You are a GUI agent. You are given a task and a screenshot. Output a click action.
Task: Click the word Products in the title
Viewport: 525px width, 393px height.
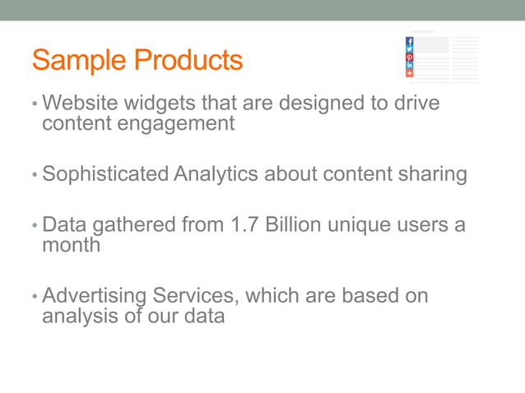(188, 61)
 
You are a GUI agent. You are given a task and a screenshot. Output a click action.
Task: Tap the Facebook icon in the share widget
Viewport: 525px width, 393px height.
(410, 41)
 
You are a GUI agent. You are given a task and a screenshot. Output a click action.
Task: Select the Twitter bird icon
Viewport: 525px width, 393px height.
(410, 49)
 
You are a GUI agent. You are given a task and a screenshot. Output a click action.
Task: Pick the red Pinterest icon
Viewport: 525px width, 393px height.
(410, 58)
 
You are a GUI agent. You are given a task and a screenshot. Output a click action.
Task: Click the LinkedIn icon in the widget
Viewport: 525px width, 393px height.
(410, 65)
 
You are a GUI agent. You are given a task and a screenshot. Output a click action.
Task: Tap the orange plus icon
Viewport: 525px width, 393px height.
(410, 73)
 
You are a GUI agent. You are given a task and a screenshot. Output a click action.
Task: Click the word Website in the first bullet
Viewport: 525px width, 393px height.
(81, 104)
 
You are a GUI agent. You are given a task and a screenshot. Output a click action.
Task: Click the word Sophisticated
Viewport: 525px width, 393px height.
(105, 174)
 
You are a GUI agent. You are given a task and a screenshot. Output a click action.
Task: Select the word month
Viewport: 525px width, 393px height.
(71, 244)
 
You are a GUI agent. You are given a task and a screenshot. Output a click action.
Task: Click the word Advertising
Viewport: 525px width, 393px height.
(93, 295)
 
